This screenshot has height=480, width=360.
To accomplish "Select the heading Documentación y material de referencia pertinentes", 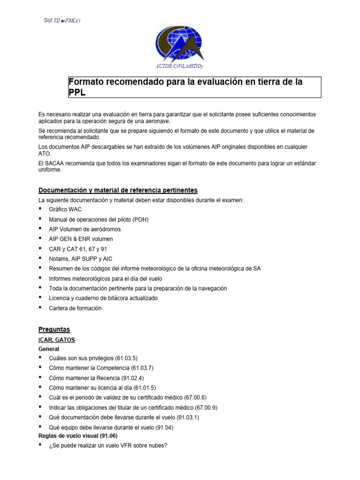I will point(118,190).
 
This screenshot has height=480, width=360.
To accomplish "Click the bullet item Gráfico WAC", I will point(65,210).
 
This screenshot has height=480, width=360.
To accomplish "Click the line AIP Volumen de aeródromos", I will point(84,229).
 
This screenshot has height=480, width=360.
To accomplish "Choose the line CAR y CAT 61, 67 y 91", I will point(78,249).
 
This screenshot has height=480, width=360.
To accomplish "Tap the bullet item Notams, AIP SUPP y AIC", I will point(81,259).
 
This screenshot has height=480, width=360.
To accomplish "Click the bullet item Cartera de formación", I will point(75,308).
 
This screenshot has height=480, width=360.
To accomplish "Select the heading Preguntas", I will point(54,330).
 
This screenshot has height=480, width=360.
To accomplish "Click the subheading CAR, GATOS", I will point(57,339).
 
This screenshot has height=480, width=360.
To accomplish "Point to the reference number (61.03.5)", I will point(124,358).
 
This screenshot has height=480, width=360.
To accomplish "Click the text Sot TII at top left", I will point(48,20).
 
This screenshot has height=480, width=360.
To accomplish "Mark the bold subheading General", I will point(48,349).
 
